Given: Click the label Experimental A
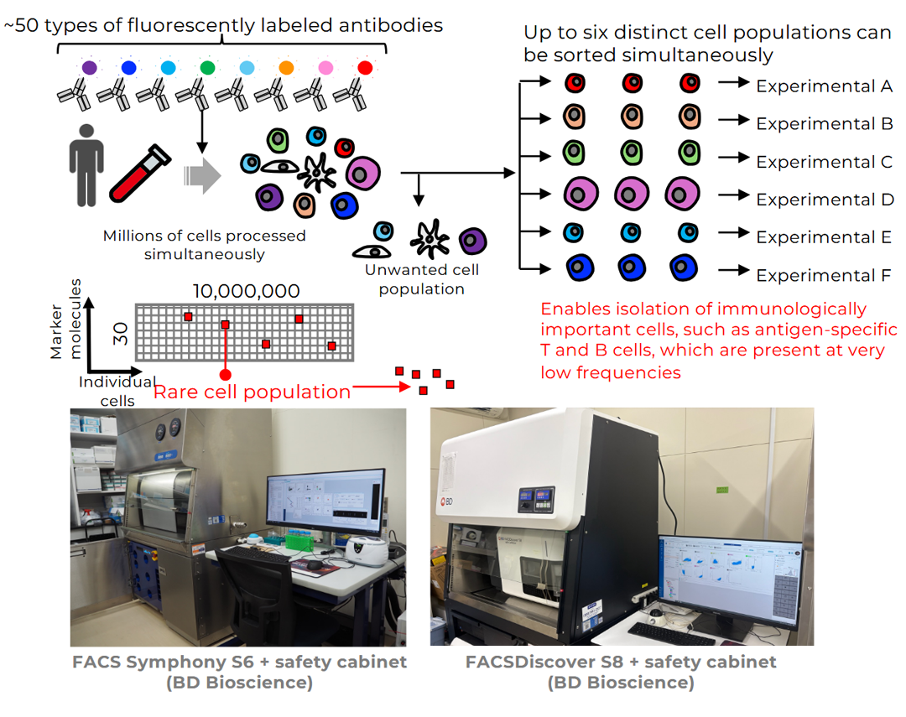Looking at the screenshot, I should [x=824, y=86].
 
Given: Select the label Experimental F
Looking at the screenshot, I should [x=824, y=275].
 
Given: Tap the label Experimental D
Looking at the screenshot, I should [x=824, y=200].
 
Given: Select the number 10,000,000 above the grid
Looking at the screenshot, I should [x=246, y=292].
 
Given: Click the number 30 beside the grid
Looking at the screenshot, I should [x=120, y=335].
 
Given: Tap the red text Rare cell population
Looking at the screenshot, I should [x=252, y=392].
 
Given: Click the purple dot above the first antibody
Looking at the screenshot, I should [x=89, y=67].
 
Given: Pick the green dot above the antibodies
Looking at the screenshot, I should [x=207, y=67].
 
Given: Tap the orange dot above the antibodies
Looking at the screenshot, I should [x=286, y=67].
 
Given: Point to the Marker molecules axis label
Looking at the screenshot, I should [x=65, y=327].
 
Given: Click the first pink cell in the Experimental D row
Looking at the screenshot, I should [x=581, y=194].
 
